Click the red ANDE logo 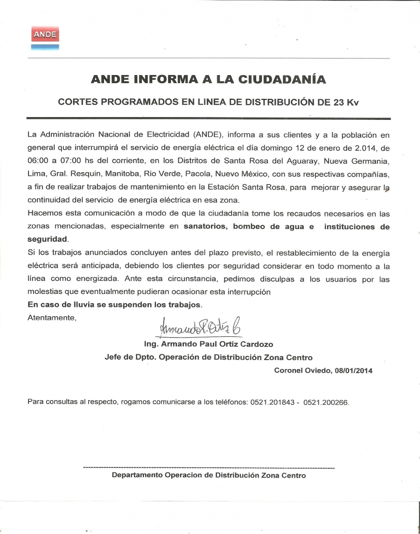(x=45, y=35)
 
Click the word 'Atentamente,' (x=51, y=318)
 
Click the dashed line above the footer (x=209, y=467)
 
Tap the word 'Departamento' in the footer (x=136, y=475)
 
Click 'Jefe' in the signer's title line (x=112, y=357)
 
